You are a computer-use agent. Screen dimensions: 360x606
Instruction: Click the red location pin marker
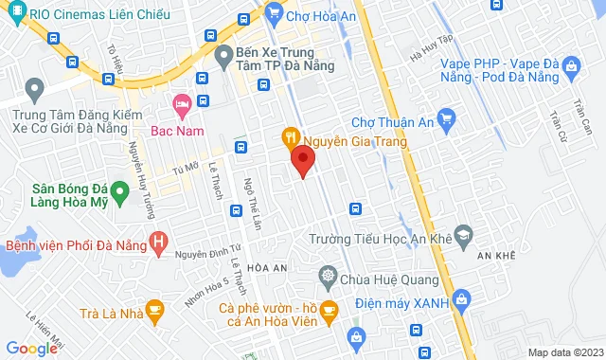point(302,161)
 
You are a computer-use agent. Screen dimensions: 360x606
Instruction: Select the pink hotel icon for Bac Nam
point(180,103)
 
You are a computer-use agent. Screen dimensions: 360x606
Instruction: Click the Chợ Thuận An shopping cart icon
point(448,119)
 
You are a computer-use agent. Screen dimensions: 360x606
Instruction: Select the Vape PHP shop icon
point(571,65)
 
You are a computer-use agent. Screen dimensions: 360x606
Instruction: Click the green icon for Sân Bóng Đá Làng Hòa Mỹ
point(119,194)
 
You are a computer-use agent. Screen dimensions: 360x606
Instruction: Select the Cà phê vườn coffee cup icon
point(328,309)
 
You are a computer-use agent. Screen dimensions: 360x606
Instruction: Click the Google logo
point(30,349)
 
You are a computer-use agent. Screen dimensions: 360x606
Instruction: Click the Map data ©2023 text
point(564,352)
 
